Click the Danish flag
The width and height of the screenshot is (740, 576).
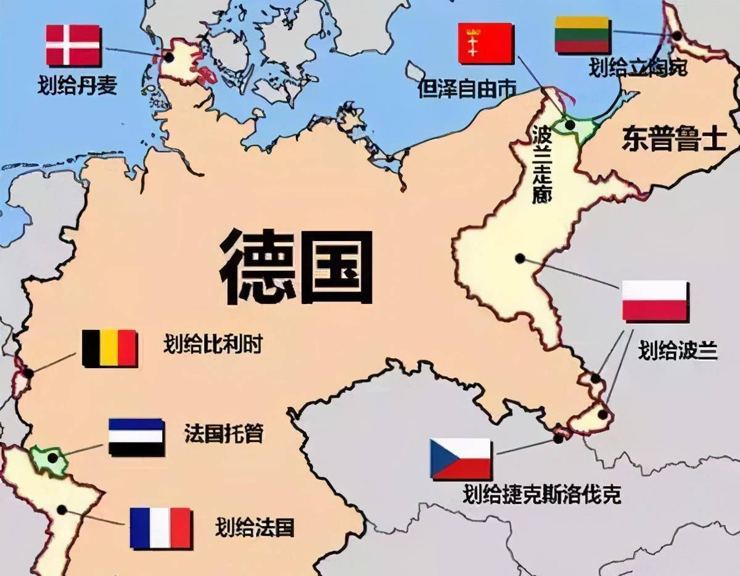click(73, 45)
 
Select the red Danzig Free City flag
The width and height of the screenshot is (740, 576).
click(485, 43)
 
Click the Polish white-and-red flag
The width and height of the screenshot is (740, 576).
click(654, 300)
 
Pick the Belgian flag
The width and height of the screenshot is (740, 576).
click(109, 348)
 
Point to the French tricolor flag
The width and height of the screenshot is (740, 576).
click(160, 528)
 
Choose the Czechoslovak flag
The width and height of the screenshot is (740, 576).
click(461, 459)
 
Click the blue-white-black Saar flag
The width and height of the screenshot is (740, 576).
click(136, 437)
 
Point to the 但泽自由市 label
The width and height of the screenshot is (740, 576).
click(467, 89)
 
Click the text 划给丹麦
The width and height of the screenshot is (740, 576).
click(77, 86)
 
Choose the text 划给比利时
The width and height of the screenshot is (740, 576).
click(213, 344)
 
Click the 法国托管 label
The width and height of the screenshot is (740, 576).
click(223, 434)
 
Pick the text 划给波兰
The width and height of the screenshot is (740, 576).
click(678, 350)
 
